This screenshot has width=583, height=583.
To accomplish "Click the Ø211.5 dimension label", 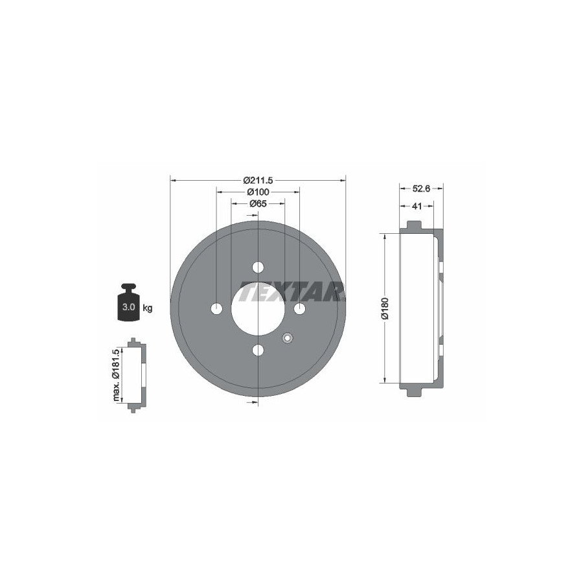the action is [258, 181].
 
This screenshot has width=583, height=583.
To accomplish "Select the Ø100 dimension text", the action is [258, 192].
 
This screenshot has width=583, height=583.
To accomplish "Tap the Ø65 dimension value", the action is [258, 204].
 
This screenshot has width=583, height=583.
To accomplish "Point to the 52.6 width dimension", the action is [421, 189].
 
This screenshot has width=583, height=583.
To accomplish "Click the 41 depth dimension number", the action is [417, 205].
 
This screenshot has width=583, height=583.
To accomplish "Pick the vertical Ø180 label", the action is [385, 308].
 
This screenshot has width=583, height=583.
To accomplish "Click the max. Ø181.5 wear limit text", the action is [117, 375].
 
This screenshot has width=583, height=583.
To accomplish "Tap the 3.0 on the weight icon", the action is [128, 307].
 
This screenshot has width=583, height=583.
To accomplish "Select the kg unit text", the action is [148, 308].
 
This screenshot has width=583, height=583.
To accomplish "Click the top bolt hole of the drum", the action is [258, 267].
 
